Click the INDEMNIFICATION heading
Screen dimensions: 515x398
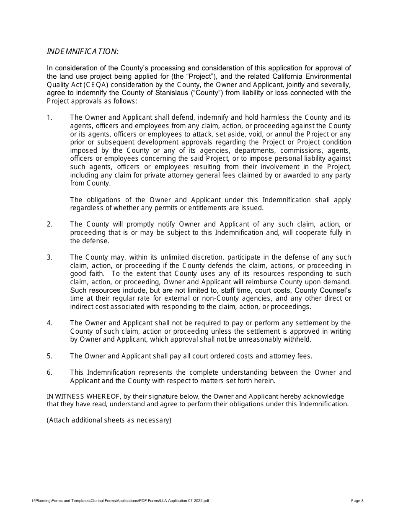pos(83,51)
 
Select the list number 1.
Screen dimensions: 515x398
pos(49,118)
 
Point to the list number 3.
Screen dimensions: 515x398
pos(49,257)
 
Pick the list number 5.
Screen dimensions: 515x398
pos(49,356)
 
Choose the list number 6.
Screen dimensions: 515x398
pos(49,372)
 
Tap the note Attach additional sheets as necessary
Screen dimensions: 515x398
pos(109,420)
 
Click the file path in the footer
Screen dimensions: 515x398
pos(121,500)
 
